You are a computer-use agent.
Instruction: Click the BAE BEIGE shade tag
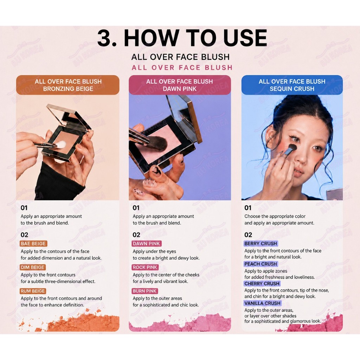point(33,244)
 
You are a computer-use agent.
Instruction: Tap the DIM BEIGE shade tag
point(33,267)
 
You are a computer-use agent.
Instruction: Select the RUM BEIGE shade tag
point(33,291)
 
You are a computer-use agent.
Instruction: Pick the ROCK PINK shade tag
point(145,267)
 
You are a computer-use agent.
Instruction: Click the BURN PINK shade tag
point(144,291)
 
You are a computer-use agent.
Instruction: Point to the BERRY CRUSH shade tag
point(261,243)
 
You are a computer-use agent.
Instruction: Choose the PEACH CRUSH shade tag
point(261,264)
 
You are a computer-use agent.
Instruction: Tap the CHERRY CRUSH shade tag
point(262,283)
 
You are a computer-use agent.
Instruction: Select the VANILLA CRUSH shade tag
point(262,303)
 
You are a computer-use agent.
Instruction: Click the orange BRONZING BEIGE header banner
point(68,85)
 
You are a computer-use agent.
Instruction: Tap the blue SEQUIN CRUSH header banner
point(292,85)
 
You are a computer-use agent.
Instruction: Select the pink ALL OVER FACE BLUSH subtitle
point(182,67)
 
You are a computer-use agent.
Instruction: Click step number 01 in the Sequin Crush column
point(248,208)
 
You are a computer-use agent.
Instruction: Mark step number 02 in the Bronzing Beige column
point(24,234)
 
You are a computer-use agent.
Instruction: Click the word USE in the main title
point(245,38)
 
